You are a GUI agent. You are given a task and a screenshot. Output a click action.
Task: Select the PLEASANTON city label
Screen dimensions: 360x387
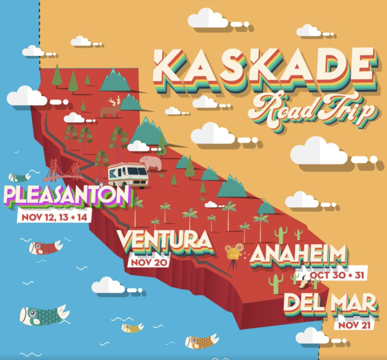click(x=68, y=196)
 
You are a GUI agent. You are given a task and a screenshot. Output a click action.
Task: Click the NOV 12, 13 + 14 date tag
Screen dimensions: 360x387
click(x=55, y=217)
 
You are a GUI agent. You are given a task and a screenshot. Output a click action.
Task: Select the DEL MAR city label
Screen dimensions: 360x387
click(x=330, y=304)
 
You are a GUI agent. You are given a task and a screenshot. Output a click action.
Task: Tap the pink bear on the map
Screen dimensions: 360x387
click(x=150, y=163)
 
